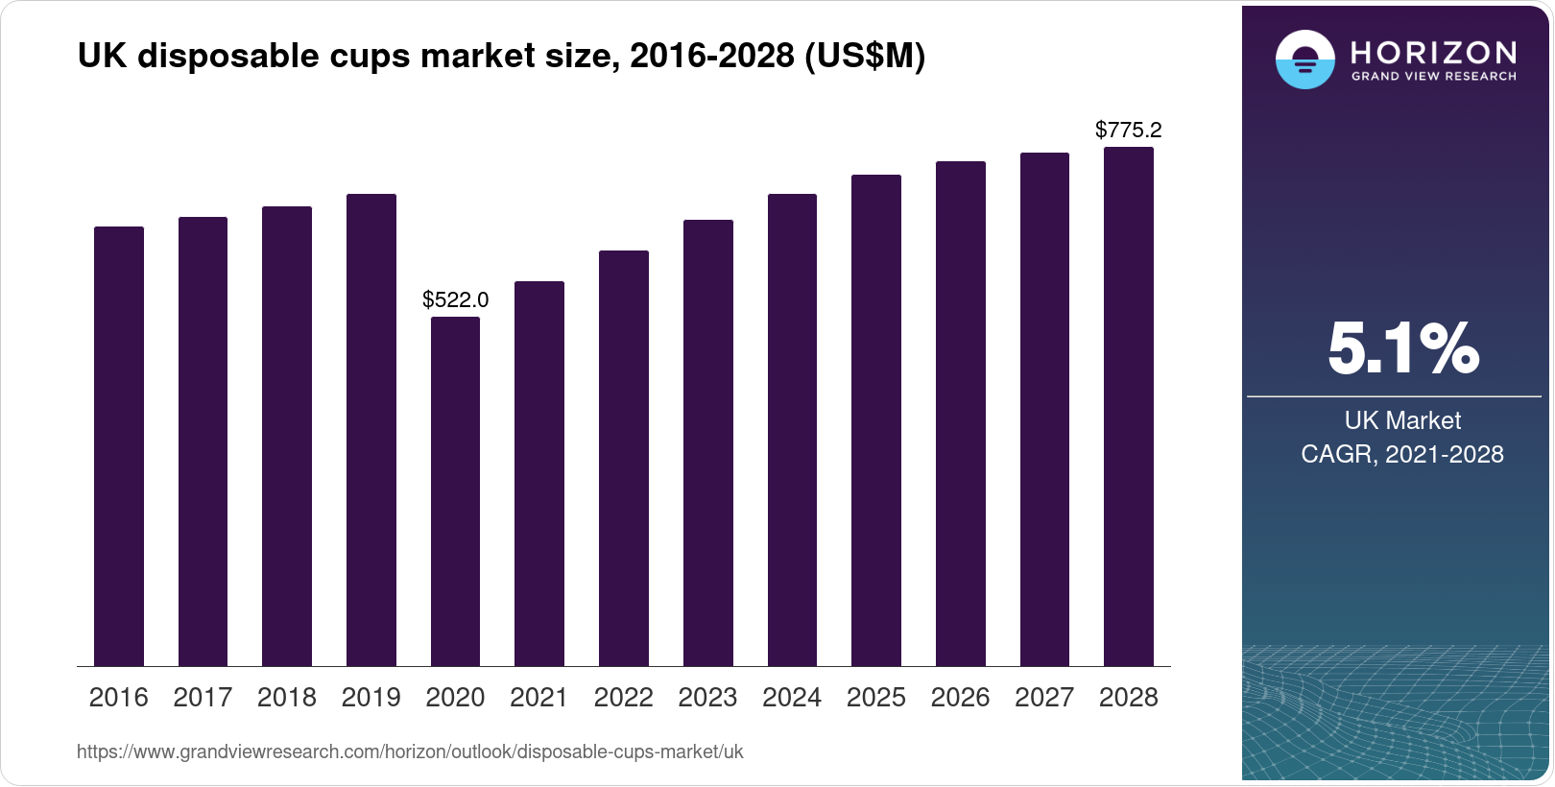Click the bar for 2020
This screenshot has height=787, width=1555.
click(455, 491)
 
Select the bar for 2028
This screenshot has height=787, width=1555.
click(1129, 406)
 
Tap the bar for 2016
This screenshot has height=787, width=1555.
click(118, 446)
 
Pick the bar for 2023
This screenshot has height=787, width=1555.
click(707, 442)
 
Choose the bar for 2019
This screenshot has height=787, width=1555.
click(371, 430)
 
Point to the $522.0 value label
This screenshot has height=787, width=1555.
click(455, 299)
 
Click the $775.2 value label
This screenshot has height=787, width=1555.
click(1128, 130)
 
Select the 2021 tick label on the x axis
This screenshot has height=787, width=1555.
click(538, 698)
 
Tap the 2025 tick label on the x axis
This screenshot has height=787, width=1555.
click(875, 698)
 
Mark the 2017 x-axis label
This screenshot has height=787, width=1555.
click(203, 698)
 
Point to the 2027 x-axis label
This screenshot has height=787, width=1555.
click(1044, 698)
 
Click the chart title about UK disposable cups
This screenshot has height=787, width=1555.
click(501, 57)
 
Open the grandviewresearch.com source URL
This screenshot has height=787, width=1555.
click(410, 752)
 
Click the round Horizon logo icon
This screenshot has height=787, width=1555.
click(1304, 60)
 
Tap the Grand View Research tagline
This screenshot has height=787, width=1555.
click(1433, 76)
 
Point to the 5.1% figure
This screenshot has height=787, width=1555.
click(1402, 348)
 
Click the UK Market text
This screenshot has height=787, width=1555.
click(1402, 420)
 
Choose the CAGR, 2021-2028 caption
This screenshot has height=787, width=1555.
click(1402, 454)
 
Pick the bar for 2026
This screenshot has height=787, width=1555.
click(960, 414)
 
